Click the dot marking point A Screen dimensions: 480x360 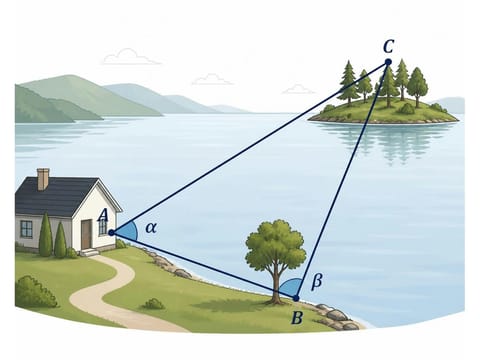coord(111,233)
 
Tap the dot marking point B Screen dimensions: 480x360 coord(296,298)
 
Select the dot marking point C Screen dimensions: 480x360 coord(388,62)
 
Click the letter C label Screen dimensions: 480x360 coord(388,47)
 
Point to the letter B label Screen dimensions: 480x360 coord(297,318)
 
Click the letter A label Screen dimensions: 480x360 coord(103,215)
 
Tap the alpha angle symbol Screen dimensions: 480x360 coord(151,228)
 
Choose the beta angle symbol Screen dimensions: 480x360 coord(317,282)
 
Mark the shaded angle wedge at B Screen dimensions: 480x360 coord(291,287)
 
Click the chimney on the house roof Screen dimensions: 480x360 coord(43,179)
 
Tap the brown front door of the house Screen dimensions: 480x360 coord(86,234)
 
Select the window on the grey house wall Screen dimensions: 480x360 coord(26,229)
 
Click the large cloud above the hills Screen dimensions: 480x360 coord(130,57)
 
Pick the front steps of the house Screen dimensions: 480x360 coord(89,253)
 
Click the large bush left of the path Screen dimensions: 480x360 coord(35,292)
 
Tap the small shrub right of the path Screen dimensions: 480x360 coord(153,304)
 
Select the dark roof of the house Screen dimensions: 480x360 coord(57,197)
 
